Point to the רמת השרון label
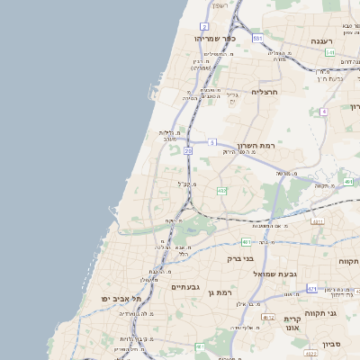pyautogui.click(x=255, y=145)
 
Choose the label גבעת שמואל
pyautogui.click(x=274, y=273)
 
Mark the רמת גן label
pyautogui.click(x=219, y=292)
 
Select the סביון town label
pyautogui.click(x=332, y=344)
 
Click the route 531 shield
pyautogui.click(x=257, y=39)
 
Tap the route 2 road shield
pyautogui.click(x=204, y=27)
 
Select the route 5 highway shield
pyautogui.click(x=212, y=142)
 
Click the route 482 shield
pyautogui.click(x=221, y=190)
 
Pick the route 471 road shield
pyautogui.click(x=311, y=289)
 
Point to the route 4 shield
pyautogui.click(x=323, y=111)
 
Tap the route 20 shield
pyautogui.click(x=188, y=151)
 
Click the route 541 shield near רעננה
pyautogui.click(x=330, y=52)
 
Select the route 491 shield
pyautogui.click(x=347, y=181)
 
